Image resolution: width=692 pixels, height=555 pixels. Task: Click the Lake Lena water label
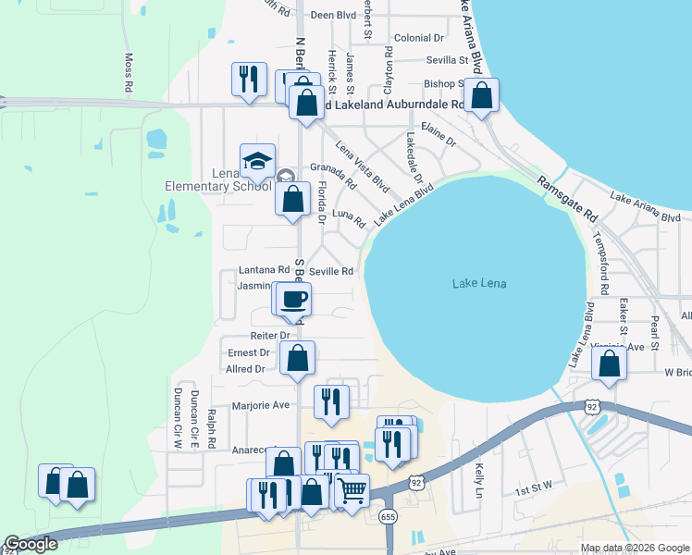click(479, 283)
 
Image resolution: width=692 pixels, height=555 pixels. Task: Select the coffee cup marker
click(294, 299)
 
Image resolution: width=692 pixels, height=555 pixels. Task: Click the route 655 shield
click(389, 516)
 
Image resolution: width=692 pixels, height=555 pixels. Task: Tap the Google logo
click(31, 544)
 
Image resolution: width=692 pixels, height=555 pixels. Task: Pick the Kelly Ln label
click(479, 479)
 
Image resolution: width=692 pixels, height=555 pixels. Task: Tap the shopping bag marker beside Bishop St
click(481, 95)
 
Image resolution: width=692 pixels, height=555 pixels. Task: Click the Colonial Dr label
click(419, 38)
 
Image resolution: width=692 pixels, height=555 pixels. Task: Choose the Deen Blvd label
click(334, 15)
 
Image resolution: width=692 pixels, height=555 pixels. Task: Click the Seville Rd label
click(331, 271)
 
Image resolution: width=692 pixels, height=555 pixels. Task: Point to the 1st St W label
click(533, 485)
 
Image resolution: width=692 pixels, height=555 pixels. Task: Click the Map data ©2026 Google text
click(634, 549)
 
